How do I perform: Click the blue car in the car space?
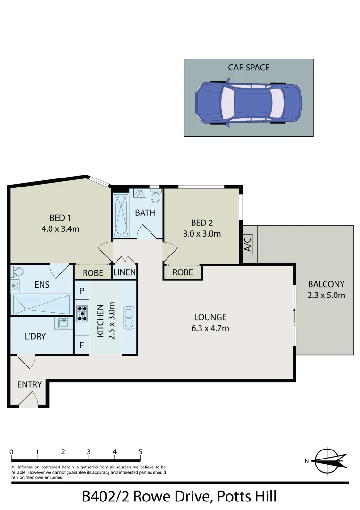point(248,103)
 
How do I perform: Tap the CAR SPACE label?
point(249,68)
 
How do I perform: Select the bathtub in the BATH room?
point(121,215)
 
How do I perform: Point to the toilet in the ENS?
point(18,272)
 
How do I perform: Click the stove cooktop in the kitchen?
point(82,312)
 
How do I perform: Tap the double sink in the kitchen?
point(129,318)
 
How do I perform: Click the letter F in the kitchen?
point(82,345)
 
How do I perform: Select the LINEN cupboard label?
point(125,272)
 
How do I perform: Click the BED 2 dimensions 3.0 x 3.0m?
point(202,233)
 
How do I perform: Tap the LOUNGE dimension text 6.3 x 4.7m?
point(210,328)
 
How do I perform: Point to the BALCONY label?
point(326,284)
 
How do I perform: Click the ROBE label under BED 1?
point(93,272)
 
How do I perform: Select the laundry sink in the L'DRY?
point(64,323)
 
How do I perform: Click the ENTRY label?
point(30,384)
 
